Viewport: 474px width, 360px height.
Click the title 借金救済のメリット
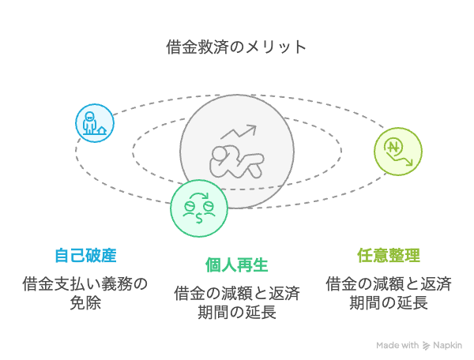[236, 47]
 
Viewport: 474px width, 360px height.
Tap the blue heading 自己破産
[85, 256]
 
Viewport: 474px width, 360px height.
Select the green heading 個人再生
[237, 265]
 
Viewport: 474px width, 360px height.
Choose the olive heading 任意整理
[389, 256]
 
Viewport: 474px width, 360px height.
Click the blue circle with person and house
[95, 123]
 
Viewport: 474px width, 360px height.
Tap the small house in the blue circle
[102, 130]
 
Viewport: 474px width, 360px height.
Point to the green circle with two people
[199, 208]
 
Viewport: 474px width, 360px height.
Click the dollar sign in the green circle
[199, 217]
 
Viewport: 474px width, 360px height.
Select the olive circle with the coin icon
[398, 152]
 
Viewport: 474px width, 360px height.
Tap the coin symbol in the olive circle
[393, 148]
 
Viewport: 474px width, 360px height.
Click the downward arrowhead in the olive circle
[409, 163]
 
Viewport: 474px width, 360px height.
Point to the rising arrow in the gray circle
[239, 132]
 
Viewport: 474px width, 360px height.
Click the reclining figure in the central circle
[237, 162]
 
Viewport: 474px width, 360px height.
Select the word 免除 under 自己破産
[85, 302]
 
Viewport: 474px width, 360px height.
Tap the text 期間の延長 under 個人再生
[237, 313]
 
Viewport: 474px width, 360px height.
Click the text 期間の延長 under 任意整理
[389, 302]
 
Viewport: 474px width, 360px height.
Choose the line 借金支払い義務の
[85, 284]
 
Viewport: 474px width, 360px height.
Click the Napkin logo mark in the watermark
[427, 346]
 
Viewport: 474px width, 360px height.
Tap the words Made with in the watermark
[397, 345]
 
